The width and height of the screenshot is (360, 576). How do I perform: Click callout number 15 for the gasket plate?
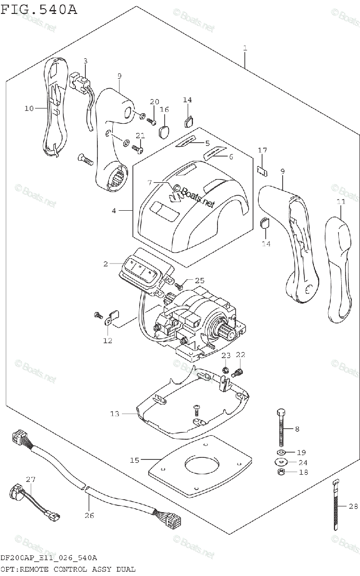point(134,460)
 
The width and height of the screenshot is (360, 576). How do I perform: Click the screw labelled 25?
point(178,286)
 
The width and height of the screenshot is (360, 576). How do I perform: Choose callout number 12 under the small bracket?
point(107,340)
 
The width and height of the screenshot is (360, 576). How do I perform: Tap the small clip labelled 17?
point(262,169)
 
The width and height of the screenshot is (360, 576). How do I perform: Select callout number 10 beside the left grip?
point(29,108)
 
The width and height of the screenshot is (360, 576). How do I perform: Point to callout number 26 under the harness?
point(89,516)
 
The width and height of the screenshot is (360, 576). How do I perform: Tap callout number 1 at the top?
point(245,48)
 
